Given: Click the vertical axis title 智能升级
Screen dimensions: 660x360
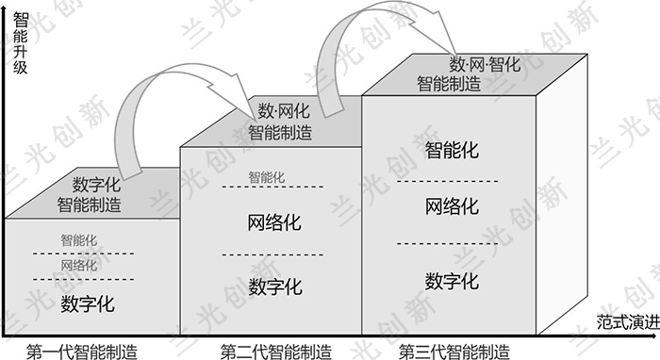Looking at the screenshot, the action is click(x=20, y=43).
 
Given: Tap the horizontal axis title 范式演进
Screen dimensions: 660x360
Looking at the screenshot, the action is click(x=628, y=322).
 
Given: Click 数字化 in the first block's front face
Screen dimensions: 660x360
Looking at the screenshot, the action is click(x=88, y=303).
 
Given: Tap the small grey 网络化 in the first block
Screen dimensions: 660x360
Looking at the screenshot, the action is click(x=78, y=266).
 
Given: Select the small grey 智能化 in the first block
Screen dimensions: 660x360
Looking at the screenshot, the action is click(x=78, y=240).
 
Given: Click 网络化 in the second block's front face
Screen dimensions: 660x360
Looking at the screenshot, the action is click(x=274, y=222).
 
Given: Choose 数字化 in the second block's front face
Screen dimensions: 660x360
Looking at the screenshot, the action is click(x=275, y=287).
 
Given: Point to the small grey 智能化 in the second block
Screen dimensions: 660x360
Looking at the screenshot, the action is click(x=267, y=177).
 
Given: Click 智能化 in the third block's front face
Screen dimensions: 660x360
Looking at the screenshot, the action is click(x=452, y=150).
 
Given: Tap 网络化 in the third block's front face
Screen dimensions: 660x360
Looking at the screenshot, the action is click(x=452, y=206).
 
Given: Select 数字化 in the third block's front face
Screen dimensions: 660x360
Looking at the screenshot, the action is click(x=452, y=282).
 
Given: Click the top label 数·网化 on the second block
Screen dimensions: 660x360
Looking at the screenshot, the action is click(x=284, y=111).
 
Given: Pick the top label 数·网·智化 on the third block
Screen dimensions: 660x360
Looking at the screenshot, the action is click(x=485, y=65).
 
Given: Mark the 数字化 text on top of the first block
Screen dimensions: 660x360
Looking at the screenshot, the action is click(x=96, y=185).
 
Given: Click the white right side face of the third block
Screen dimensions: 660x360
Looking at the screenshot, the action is click(x=562, y=194).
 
